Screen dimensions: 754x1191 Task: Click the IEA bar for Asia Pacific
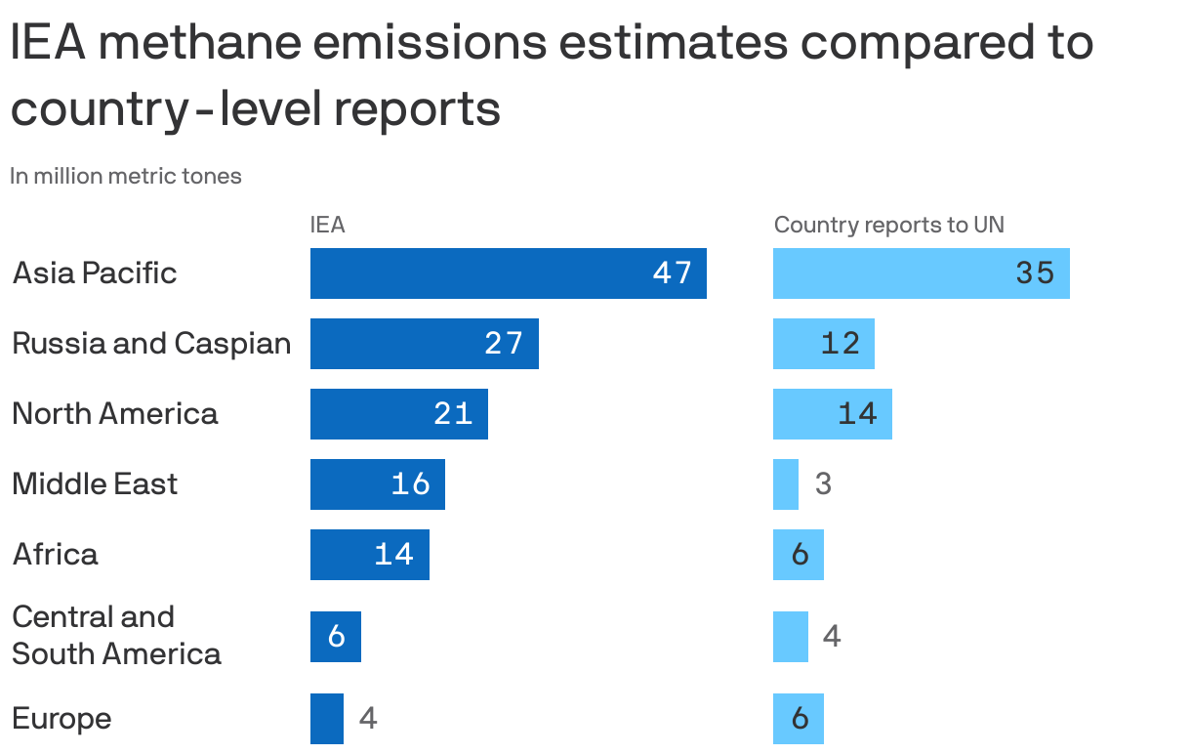click(x=508, y=273)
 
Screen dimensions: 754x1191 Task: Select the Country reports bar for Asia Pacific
click(x=921, y=273)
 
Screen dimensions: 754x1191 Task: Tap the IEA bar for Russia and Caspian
click(x=424, y=344)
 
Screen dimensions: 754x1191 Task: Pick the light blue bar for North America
click(x=832, y=414)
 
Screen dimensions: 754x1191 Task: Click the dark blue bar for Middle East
click(x=377, y=484)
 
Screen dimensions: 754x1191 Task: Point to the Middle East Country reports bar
click(x=785, y=484)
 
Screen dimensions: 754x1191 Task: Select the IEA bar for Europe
click(x=326, y=719)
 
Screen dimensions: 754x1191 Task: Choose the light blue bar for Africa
click(x=798, y=555)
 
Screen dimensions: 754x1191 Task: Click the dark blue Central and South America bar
click(x=335, y=637)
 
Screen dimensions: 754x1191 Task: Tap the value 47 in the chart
click(x=672, y=273)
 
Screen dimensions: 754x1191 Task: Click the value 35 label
click(x=1035, y=273)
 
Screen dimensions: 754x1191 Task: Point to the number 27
click(x=504, y=344)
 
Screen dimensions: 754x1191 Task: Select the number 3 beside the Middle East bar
click(x=823, y=484)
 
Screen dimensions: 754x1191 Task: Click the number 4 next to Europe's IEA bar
click(x=368, y=719)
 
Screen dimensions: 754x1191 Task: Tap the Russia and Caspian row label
click(x=151, y=344)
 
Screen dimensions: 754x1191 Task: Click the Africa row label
click(x=56, y=555)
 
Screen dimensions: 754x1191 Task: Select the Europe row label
click(x=62, y=719)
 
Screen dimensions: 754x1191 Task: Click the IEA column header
click(x=327, y=225)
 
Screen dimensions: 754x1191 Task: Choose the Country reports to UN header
click(x=888, y=225)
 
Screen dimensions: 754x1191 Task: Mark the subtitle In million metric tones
click(x=126, y=177)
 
